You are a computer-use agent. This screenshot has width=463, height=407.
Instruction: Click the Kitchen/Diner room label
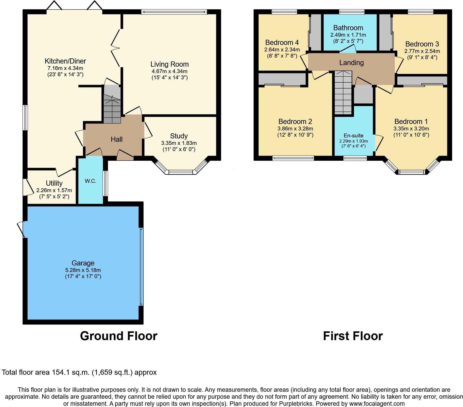pos(65,61)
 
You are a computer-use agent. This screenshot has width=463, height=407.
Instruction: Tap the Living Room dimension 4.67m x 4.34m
pos(169,71)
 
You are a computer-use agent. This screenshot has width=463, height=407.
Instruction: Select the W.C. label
pos(90,181)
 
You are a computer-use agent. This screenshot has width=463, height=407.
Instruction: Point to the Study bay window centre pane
pos(181,172)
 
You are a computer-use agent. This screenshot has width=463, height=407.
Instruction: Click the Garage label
pos(83,263)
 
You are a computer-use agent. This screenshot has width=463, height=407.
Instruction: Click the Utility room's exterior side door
pos(25,187)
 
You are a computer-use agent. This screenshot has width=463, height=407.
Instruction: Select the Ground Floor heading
pos(119,336)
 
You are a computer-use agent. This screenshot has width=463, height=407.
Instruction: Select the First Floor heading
pos(353,336)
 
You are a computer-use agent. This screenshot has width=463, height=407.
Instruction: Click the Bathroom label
pos(348,28)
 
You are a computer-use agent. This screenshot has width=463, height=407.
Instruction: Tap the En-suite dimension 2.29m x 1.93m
pos(353,141)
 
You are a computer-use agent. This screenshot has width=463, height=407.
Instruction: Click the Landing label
pos(351,62)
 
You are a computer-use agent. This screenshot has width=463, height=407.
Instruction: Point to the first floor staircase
pos(343,93)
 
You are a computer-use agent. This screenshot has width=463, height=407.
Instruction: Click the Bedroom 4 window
pos(284,11)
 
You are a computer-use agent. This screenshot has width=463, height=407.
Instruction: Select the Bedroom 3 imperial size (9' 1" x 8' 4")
pos(422,57)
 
